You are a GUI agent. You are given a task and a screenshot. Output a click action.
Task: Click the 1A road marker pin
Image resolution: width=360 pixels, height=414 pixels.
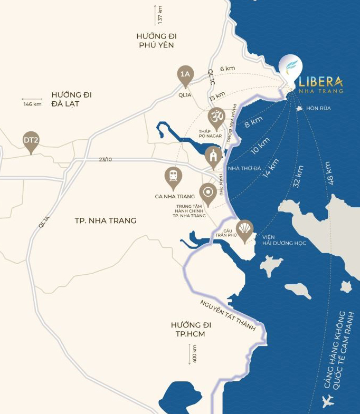tap(185, 75)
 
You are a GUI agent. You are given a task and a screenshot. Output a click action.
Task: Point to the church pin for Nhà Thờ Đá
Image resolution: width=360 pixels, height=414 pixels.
tap(214, 157)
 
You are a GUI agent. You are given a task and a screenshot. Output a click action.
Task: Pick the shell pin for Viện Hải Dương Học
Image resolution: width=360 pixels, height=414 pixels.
tap(244, 229)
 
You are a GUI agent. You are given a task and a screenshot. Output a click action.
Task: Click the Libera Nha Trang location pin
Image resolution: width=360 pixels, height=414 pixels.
tap(290, 68)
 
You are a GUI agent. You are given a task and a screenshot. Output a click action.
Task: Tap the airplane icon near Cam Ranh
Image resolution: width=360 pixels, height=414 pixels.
tap(328, 400)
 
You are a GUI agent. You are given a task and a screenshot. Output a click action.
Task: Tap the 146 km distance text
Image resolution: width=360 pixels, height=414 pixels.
tap(32, 104)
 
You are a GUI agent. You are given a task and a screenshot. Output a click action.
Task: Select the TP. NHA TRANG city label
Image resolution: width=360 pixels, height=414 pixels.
tap(106, 220)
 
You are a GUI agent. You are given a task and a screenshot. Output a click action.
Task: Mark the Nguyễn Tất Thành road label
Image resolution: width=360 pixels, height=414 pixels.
tap(228, 315)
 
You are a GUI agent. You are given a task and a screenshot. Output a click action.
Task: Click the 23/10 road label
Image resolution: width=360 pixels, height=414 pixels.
tap(106, 159)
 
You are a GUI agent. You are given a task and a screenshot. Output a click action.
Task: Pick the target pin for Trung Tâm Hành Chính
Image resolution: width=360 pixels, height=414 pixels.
tap(207, 193)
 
